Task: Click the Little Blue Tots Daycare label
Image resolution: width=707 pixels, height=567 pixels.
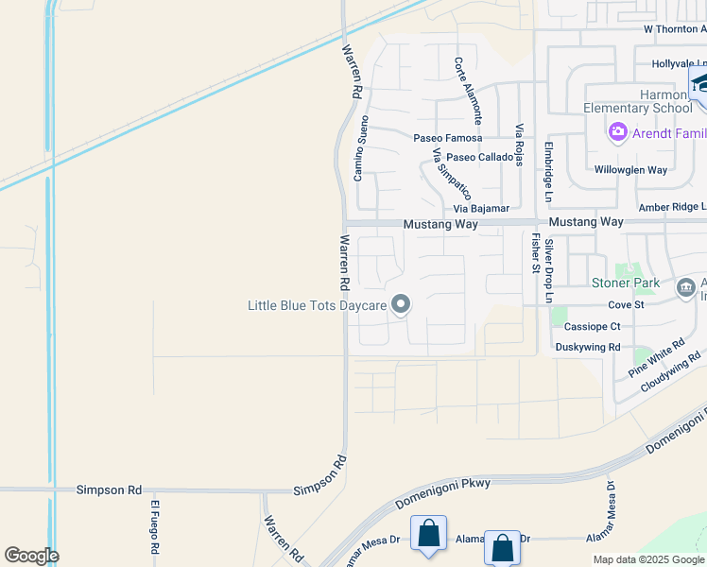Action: (317, 305)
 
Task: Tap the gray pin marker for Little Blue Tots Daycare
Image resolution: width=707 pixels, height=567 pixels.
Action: (401, 304)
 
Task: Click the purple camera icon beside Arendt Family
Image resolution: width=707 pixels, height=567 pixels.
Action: (618, 131)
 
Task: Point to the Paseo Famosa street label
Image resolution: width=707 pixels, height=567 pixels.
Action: (447, 138)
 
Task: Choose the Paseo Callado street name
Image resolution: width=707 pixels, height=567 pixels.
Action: (480, 157)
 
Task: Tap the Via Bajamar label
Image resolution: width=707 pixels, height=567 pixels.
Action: (481, 208)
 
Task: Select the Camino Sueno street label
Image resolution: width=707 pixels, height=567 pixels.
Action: (360, 148)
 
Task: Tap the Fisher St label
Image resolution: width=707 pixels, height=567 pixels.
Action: (535, 253)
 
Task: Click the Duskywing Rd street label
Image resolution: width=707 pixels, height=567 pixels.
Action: (588, 347)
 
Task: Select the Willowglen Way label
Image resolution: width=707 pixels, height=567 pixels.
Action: (630, 170)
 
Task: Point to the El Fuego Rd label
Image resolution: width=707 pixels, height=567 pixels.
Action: (152, 527)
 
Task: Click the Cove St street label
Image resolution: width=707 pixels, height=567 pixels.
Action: (626, 304)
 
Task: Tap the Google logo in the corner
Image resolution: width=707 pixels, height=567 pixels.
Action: (31, 556)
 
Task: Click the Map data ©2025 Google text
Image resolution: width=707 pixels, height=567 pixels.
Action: (648, 559)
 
